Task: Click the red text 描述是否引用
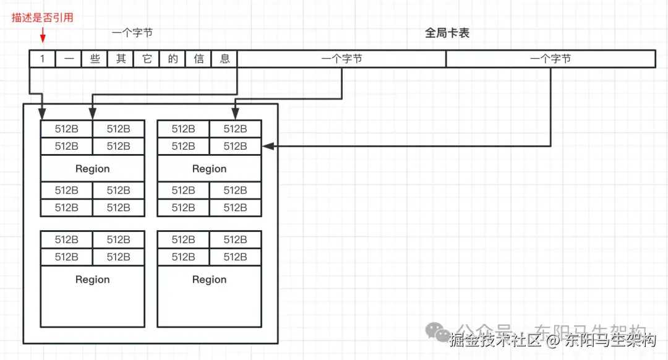(43, 17)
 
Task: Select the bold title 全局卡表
(447, 33)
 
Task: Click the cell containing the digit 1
(43, 59)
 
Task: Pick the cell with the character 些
(95, 59)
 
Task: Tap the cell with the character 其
(121, 59)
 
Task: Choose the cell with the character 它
(147, 59)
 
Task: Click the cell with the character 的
(173, 59)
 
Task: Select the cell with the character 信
(199, 59)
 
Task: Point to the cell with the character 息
(225, 59)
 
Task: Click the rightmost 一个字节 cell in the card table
(550, 59)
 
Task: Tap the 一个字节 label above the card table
(132, 33)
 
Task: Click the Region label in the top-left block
(92, 169)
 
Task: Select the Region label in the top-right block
(209, 169)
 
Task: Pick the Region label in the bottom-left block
(92, 280)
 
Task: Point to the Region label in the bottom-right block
(209, 280)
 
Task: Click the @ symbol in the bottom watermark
(552, 340)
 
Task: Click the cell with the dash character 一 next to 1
(69, 59)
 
